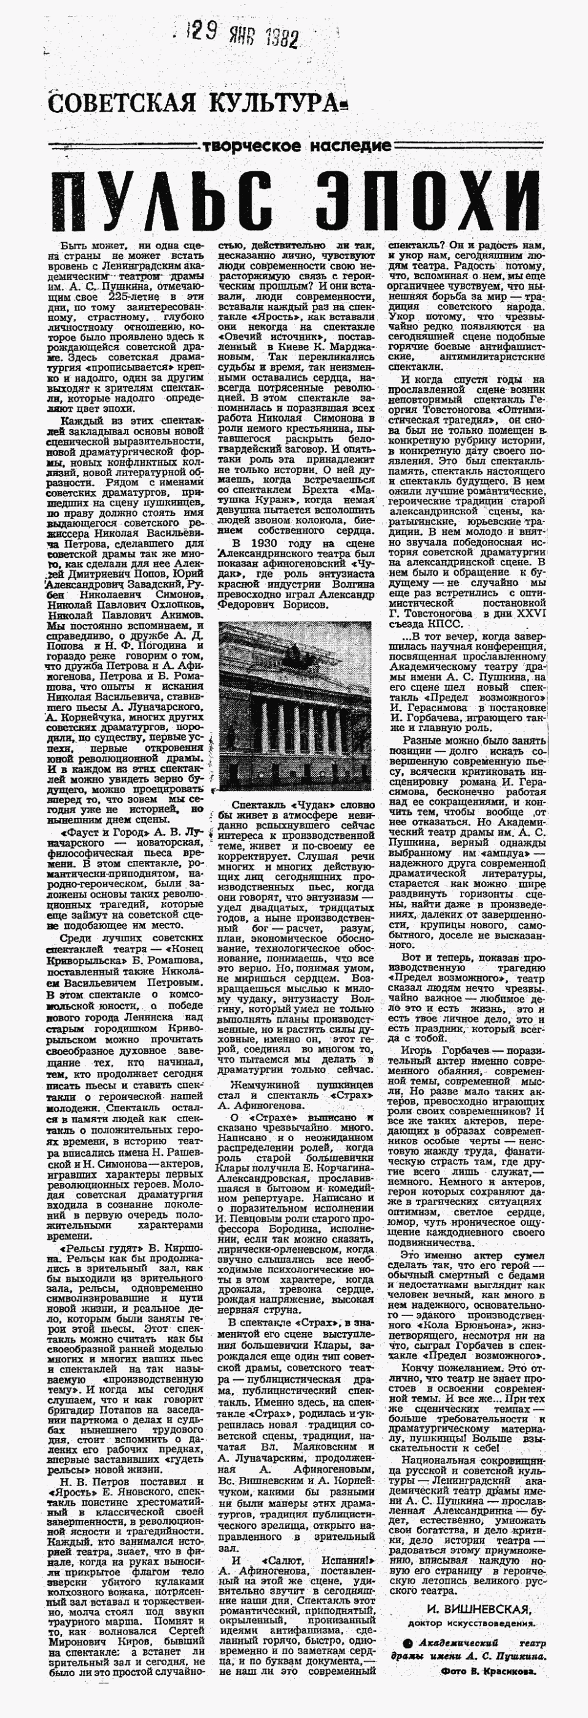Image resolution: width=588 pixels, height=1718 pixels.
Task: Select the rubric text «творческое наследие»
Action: click(x=296, y=145)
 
